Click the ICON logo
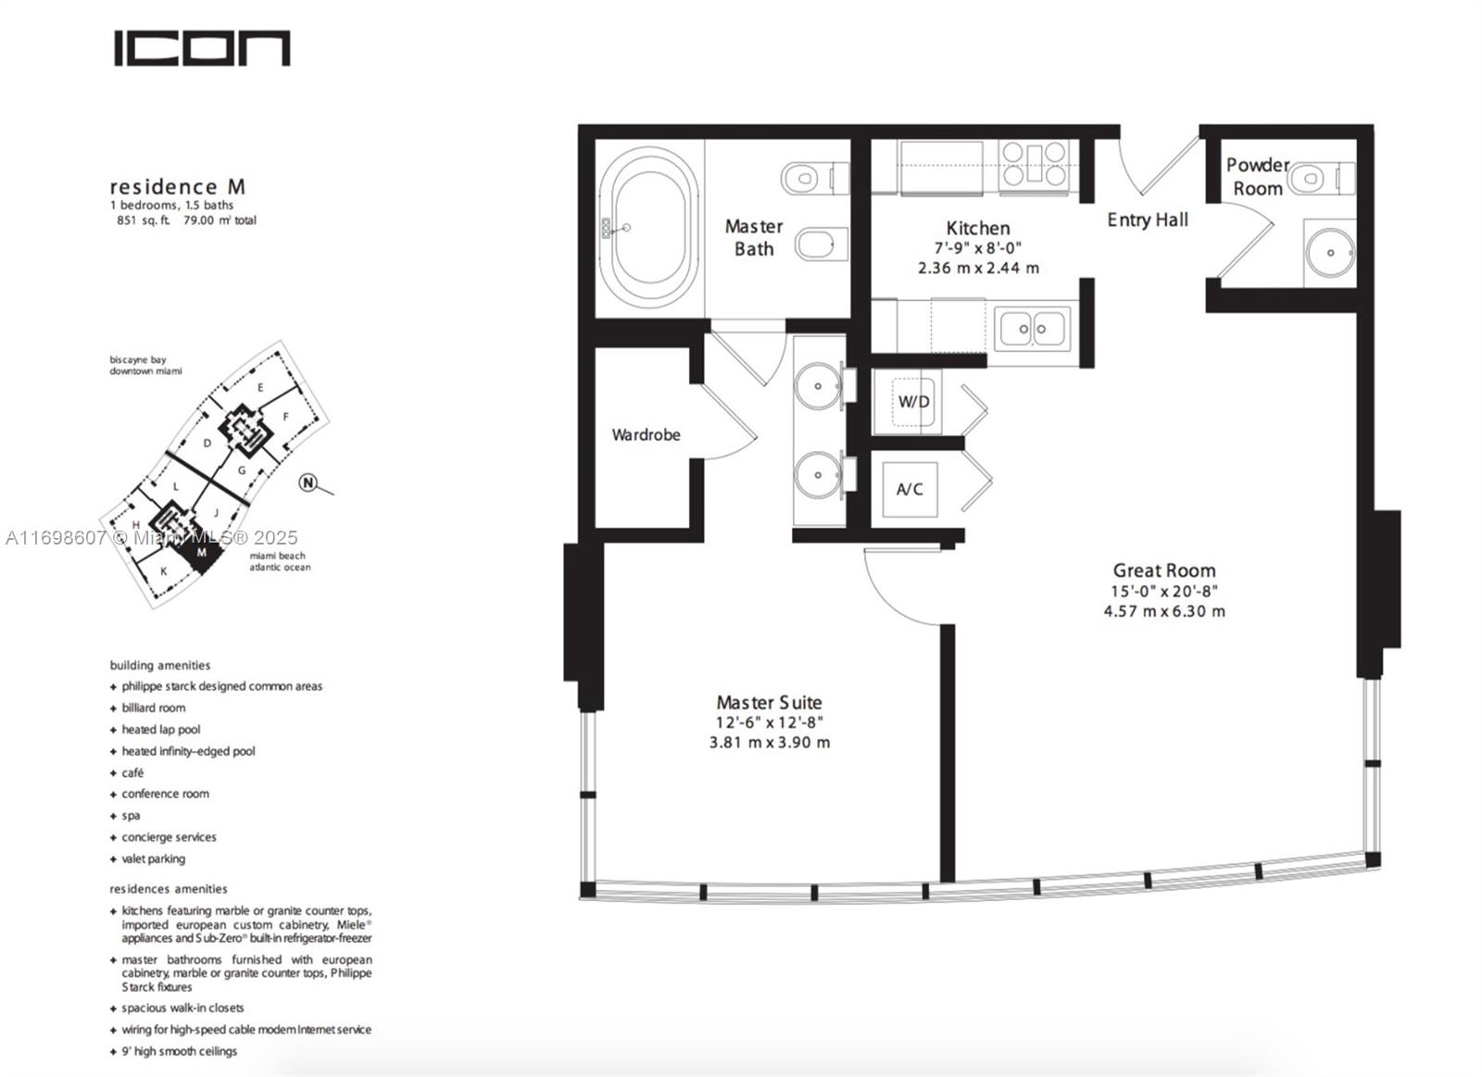(202, 48)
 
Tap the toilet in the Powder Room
(1321, 178)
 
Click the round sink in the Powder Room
(1331, 253)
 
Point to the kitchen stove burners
(1034, 163)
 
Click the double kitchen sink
(1032, 328)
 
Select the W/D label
(913, 402)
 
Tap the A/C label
(910, 490)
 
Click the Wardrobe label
(646, 434)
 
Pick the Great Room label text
(1164, 570)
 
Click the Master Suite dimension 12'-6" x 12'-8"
(770, 722)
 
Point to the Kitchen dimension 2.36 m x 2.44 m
(978, 268)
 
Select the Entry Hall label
(1148, 219)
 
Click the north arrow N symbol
(308, 482)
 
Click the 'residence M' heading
(177, 186)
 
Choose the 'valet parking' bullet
(147, 858)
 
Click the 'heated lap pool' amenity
(155, 730)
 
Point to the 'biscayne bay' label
(138, 360)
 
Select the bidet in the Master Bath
(821, 244)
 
